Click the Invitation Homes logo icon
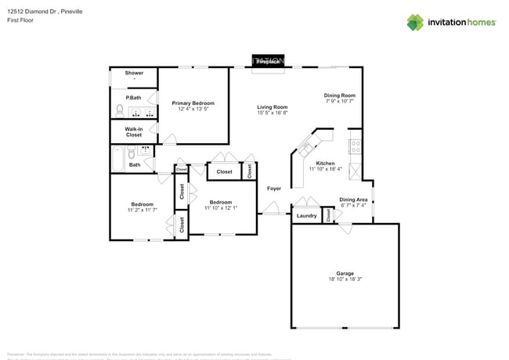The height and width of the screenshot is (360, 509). (x=414, y=23)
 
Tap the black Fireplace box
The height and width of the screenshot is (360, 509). (x=267, y=60)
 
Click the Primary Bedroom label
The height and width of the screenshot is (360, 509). (x=193, y=103)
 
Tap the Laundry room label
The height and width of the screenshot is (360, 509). (x=306, y=216)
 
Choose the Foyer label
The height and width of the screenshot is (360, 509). (x=274, y=189)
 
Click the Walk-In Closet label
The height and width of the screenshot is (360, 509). (x=134, y=131)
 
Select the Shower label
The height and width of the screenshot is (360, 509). (x=134, y=73)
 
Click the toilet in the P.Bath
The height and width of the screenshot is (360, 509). (x=120, y=110)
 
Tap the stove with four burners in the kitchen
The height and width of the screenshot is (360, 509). (x=355, y=145)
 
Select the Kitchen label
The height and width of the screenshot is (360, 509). (x=325, y=164)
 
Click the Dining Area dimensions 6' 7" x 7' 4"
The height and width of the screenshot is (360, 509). (x=353, y=206)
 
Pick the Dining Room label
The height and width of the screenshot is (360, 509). (x=340, y=95)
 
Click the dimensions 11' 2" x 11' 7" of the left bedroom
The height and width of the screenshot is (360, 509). (x=143, y=210)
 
